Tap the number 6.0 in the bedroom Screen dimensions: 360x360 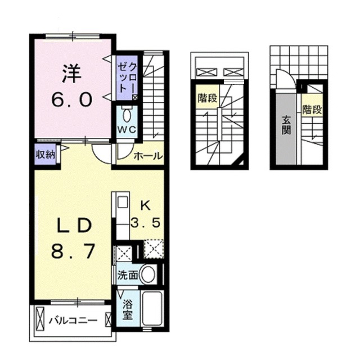tap(72, 100)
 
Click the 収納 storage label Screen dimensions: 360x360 tap(46, 155)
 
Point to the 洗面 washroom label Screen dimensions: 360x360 tap(127, 276)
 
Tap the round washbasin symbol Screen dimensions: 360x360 tap(147, 275)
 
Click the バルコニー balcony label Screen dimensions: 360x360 tap(73, 321)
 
